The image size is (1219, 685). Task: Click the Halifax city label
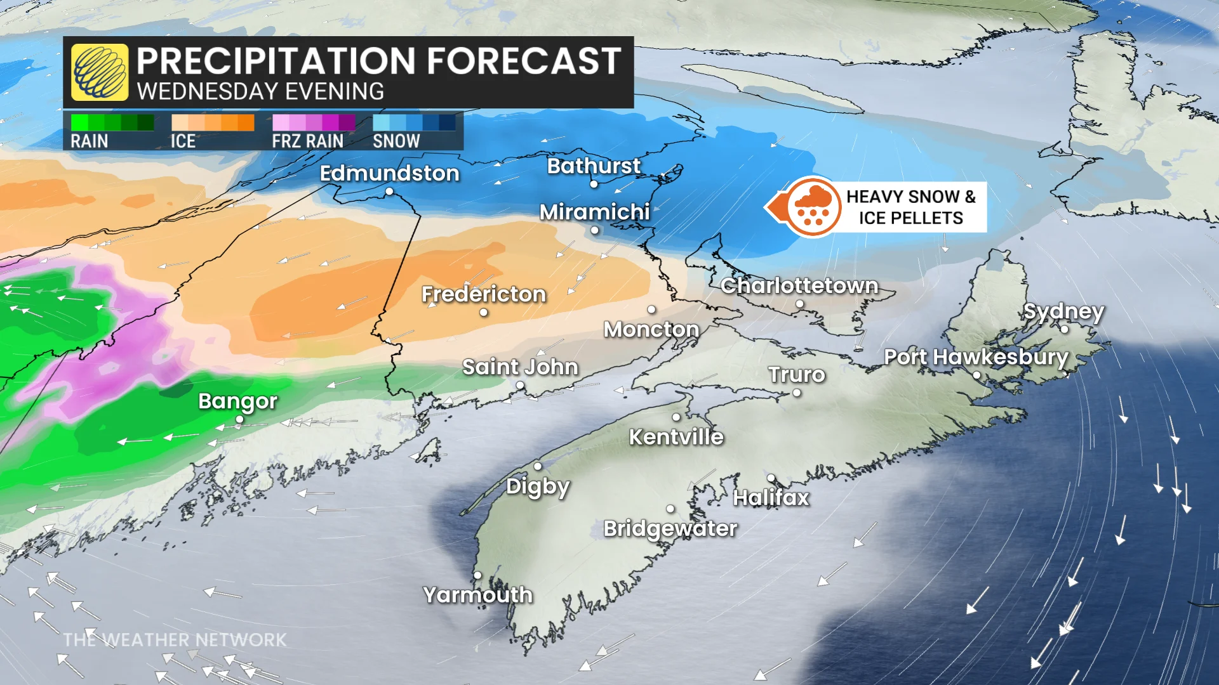pyautogui.click(x=771, y=498)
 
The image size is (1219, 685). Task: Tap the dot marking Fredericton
pyautogui.click(x=484, y=312)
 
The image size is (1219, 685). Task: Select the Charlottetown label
pyautogui.click(x=799, y=286)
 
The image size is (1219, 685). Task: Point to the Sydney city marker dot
pyautogui.click(x=1065, y=329)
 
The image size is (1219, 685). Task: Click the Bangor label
pyautogui.click(x=238, y=401)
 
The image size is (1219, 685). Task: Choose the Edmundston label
pyautogui.click(x=389, y=173)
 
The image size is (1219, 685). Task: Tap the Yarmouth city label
pyautogui.click(x=478, y=595)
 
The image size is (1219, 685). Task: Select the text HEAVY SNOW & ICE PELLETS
pyautogui.click(x=910, y=207)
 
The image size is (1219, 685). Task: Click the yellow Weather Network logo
pyautogui.click(x=100, y=72)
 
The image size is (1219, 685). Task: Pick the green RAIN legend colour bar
pyautogui.click(x=112, y=122)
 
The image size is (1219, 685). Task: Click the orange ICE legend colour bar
pyautogui.click(x=213, y=122)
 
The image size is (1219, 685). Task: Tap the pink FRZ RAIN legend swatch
pyautogui.click(x=314, y=122)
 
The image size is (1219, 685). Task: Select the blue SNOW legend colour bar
pyautogui.click(x=414, y=122)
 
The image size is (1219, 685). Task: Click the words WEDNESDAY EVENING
pyautogui.click(x=260, y=92)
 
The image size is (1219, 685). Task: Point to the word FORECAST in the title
pyautogui.click(x=524, y=62)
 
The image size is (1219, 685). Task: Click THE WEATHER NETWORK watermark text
pyautogui.click(x=175, y=640)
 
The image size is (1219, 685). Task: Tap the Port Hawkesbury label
pyautogui.click(x=976, y=357)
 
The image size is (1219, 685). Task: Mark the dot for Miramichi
pyautogui.click(x=595, y=230)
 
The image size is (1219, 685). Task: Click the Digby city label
pyautogui.click(x=538, y=487)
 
